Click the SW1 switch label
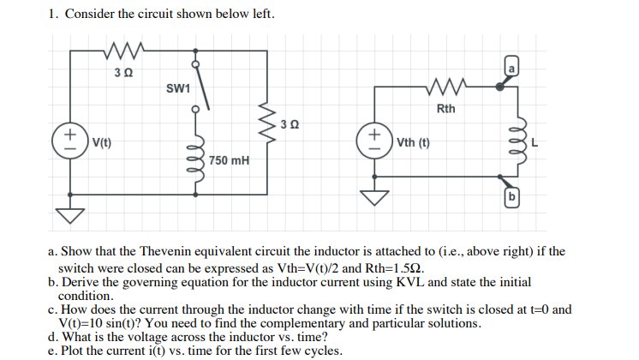pos(179,87)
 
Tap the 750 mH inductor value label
pos(229,159)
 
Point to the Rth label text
pos(446,109)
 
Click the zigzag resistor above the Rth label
pos(446,87)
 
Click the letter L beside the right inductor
pos(534,142)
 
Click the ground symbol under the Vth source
pos(373,196)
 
